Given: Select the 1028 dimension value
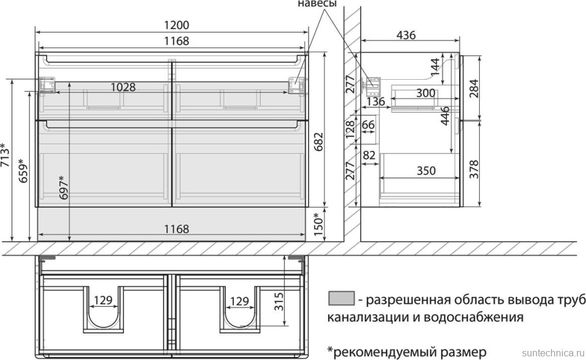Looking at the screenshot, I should tap(123, 87).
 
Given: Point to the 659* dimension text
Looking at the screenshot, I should tap(22, 171).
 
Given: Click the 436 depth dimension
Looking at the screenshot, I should tap(405, 36).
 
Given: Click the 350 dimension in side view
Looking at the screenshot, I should tap(426, 170).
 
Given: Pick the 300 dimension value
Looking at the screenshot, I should tap(426, 92).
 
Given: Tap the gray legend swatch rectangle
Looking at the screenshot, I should tap(341, 298).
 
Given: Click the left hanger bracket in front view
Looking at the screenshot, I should tap(47, 85).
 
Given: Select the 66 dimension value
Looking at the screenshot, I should tap(368, 125).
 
